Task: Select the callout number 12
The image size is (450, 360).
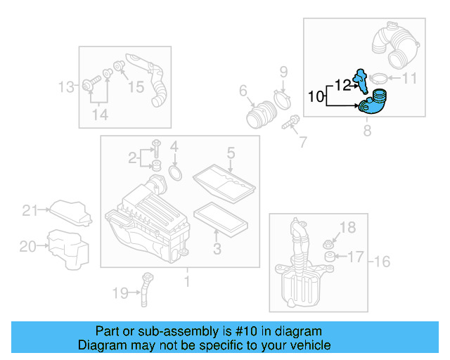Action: [342, 85]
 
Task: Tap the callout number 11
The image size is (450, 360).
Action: [409, 79]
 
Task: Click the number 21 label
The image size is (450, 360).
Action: [29, 210]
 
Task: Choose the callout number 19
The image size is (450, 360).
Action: [120, 292]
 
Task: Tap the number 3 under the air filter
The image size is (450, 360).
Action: [217, 248]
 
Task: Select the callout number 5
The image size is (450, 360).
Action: [230, 153]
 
